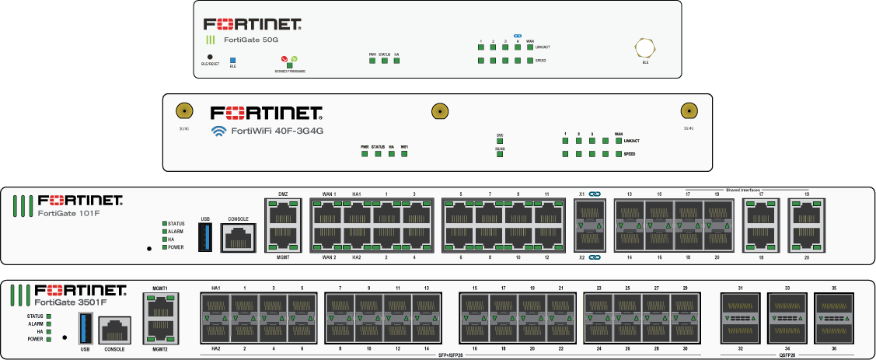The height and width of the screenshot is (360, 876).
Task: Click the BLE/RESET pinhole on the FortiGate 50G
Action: coord(210,57)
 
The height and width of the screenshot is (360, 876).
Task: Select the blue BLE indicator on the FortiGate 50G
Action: coord(232,58)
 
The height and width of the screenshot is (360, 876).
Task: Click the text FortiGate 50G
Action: coord(251,39)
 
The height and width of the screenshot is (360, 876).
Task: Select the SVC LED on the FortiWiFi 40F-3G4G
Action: coord(500,141)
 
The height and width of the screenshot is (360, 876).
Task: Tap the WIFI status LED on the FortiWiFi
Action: coord(405,154)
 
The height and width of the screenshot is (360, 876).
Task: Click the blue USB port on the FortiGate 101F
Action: coord(205,235)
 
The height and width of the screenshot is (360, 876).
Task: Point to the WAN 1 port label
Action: coord(329,194)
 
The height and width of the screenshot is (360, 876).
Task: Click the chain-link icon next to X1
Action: coord(595,194)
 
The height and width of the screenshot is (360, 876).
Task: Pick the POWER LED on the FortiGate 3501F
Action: coord(48,339)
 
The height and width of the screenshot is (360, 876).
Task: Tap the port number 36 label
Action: coord(834,348)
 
